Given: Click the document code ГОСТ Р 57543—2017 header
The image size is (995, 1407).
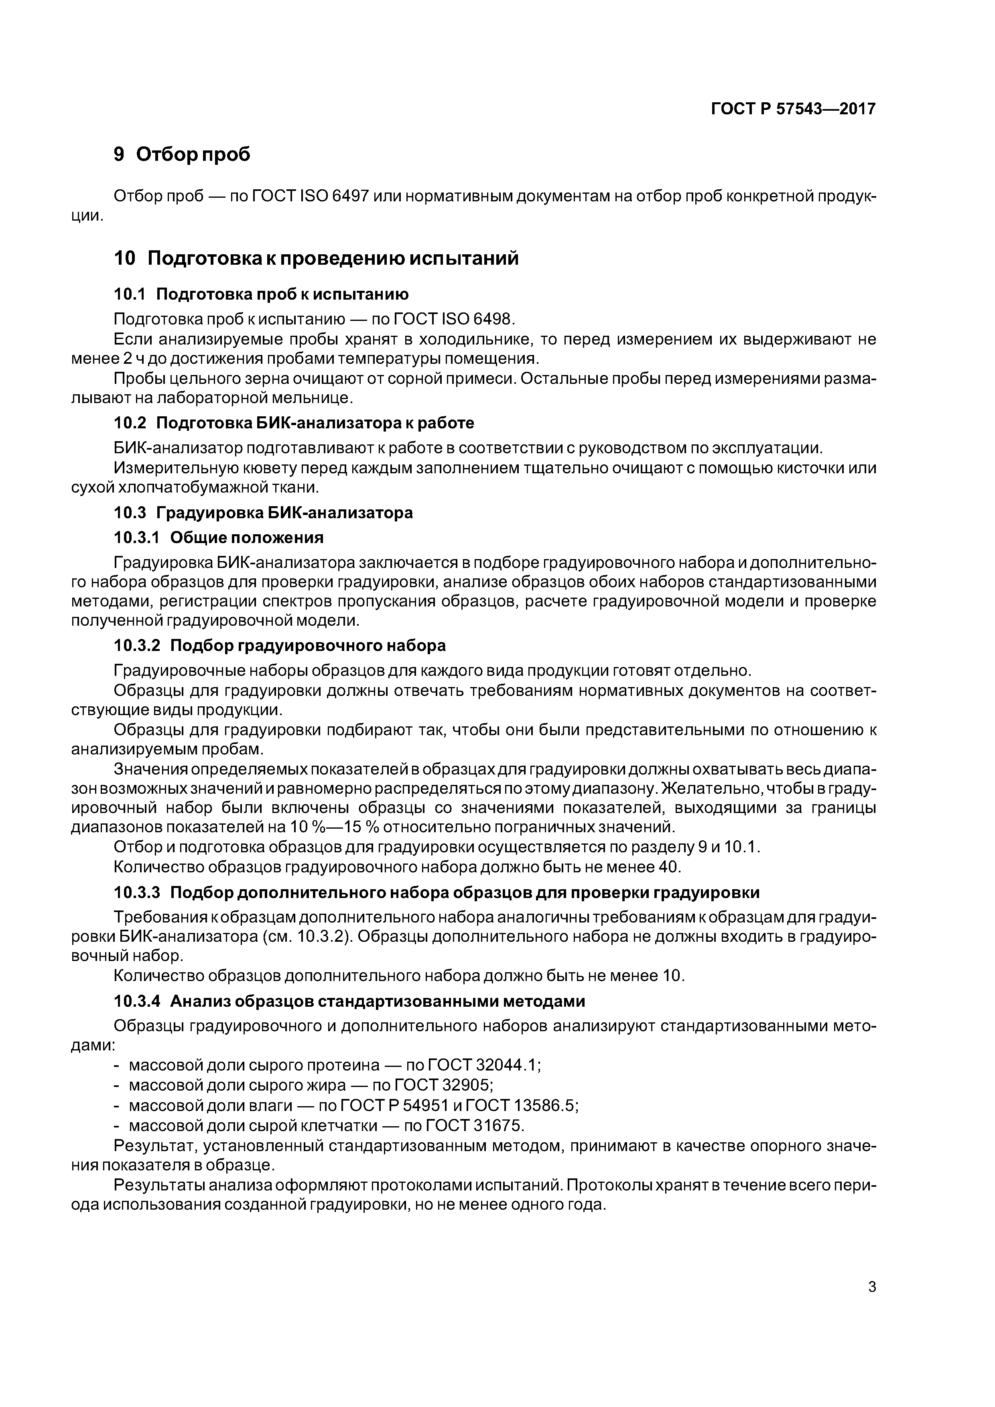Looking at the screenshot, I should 793,109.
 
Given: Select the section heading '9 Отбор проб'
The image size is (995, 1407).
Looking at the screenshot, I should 182,154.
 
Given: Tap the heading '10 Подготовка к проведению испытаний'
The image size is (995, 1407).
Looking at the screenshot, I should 316,259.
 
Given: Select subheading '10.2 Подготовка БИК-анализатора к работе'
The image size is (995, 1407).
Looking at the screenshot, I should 294,424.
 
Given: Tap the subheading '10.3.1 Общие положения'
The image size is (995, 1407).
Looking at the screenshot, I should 219,537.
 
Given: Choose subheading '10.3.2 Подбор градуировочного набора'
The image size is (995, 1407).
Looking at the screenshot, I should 280,645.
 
